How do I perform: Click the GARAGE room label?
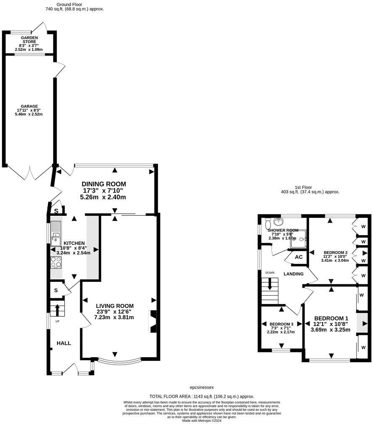29,106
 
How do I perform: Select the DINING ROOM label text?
104,184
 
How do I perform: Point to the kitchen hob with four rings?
56,262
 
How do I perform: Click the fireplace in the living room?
153,321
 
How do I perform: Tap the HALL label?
64,343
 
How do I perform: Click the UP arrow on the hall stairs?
57,310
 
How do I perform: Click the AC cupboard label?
299,257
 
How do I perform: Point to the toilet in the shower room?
277,222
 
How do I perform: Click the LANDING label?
293,274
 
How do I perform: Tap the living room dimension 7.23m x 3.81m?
115,317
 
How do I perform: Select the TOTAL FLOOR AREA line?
202,396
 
